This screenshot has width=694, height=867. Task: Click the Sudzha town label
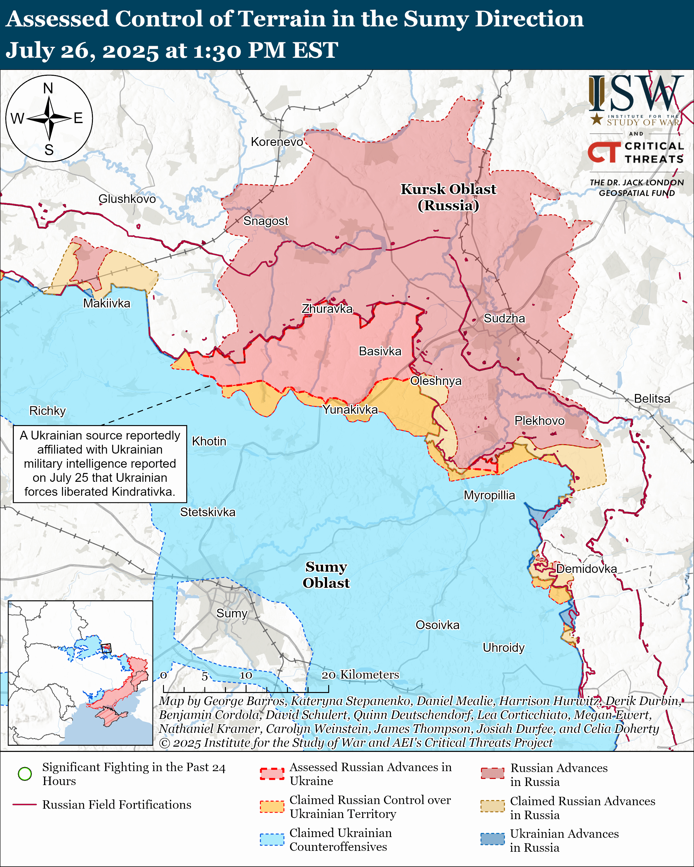[504, 319]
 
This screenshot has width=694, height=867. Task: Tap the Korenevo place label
[277, 142]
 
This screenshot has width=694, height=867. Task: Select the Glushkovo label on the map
[127, 199]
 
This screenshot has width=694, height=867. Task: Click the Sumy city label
[232, 613]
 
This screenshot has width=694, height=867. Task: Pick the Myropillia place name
[489, 495]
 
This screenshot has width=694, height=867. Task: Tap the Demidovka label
[586, 569]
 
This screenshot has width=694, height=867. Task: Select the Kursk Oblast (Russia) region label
[448, 197]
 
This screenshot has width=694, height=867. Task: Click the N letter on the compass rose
[48, 88]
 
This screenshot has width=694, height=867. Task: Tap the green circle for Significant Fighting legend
[25, 774]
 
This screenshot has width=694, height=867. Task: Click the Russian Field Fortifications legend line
[25, 805]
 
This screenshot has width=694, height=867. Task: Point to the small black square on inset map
[106, 648]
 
